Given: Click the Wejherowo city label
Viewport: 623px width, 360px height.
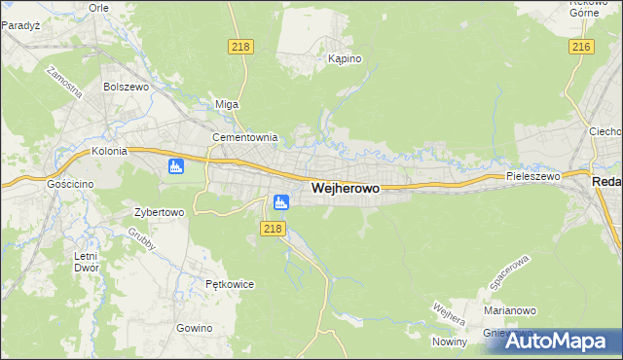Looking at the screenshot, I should click(x=345, y=188).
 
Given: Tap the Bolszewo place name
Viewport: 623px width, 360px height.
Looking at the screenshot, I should click(x=124, y=87).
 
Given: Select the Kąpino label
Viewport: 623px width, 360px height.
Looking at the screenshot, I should click(x=345, y=59).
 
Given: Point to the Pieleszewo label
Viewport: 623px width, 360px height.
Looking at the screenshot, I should click(x=533, y=177).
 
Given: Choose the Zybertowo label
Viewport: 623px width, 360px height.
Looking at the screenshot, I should click(x=159, y=211).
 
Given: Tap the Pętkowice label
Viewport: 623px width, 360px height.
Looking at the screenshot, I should click(x=230, y=284).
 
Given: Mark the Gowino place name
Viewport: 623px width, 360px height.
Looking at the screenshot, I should click(x=195, y=328).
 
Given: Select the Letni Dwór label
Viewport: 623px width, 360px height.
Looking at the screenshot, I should click(x=86, y=263).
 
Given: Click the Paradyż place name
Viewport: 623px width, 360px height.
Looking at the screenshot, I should click(x=19, y=25).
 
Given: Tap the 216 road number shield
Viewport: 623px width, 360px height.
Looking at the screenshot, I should click(x=582, y=47).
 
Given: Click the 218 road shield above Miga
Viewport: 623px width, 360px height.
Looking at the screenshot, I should click(x=240, y=47).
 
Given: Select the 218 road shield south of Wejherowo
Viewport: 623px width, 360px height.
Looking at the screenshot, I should click(x=273, y=229).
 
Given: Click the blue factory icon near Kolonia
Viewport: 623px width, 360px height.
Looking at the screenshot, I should click(x=176, y=166).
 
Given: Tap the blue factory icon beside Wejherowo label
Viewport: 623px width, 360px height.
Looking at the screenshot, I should click(x=281, y=202).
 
